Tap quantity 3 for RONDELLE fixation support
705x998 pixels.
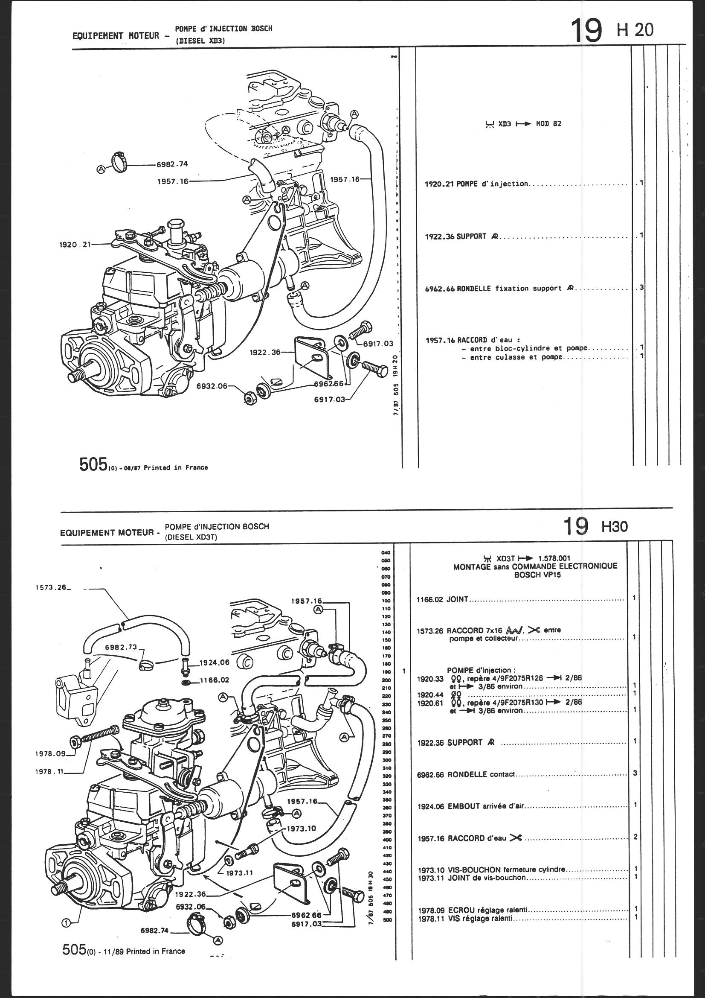click(x=641, y=288)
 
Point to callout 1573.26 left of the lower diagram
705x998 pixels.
click(x=51, y=588)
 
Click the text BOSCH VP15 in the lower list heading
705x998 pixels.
click(x=535, y=574)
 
